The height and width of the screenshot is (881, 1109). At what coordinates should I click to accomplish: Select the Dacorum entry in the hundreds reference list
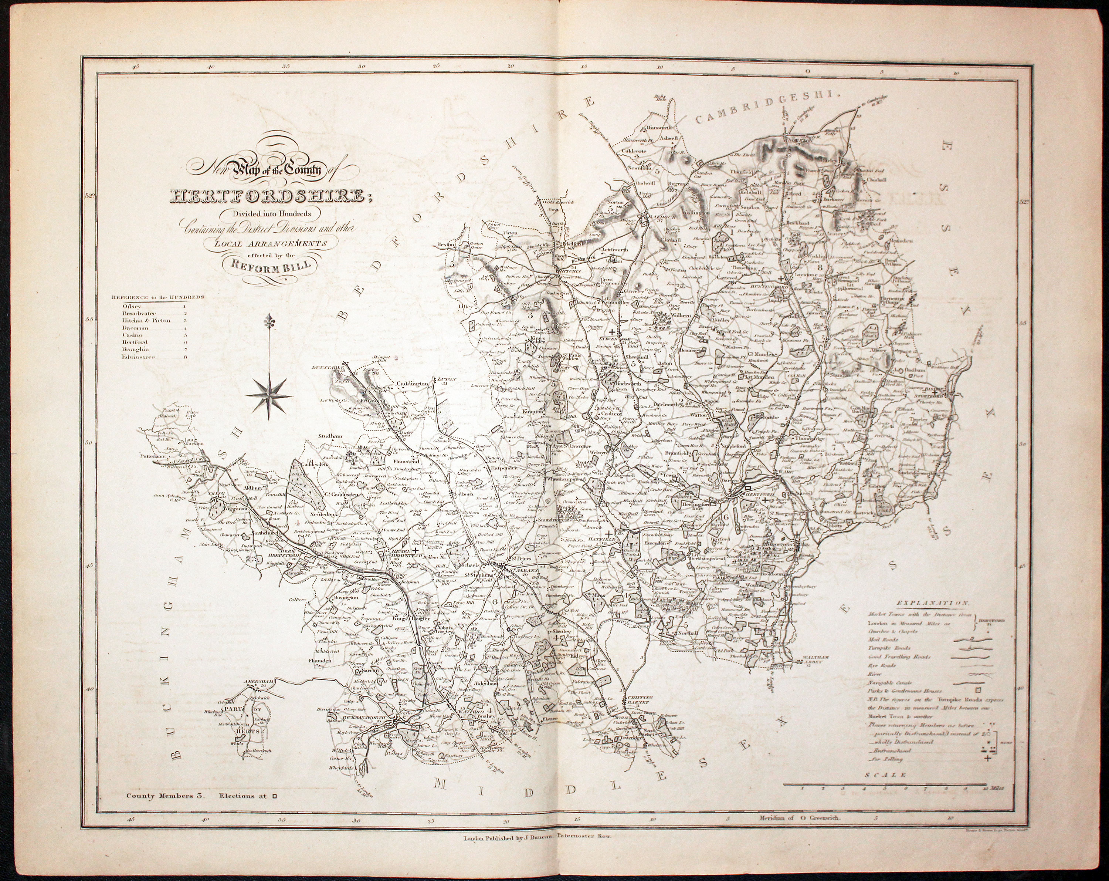tap(133, 327)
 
